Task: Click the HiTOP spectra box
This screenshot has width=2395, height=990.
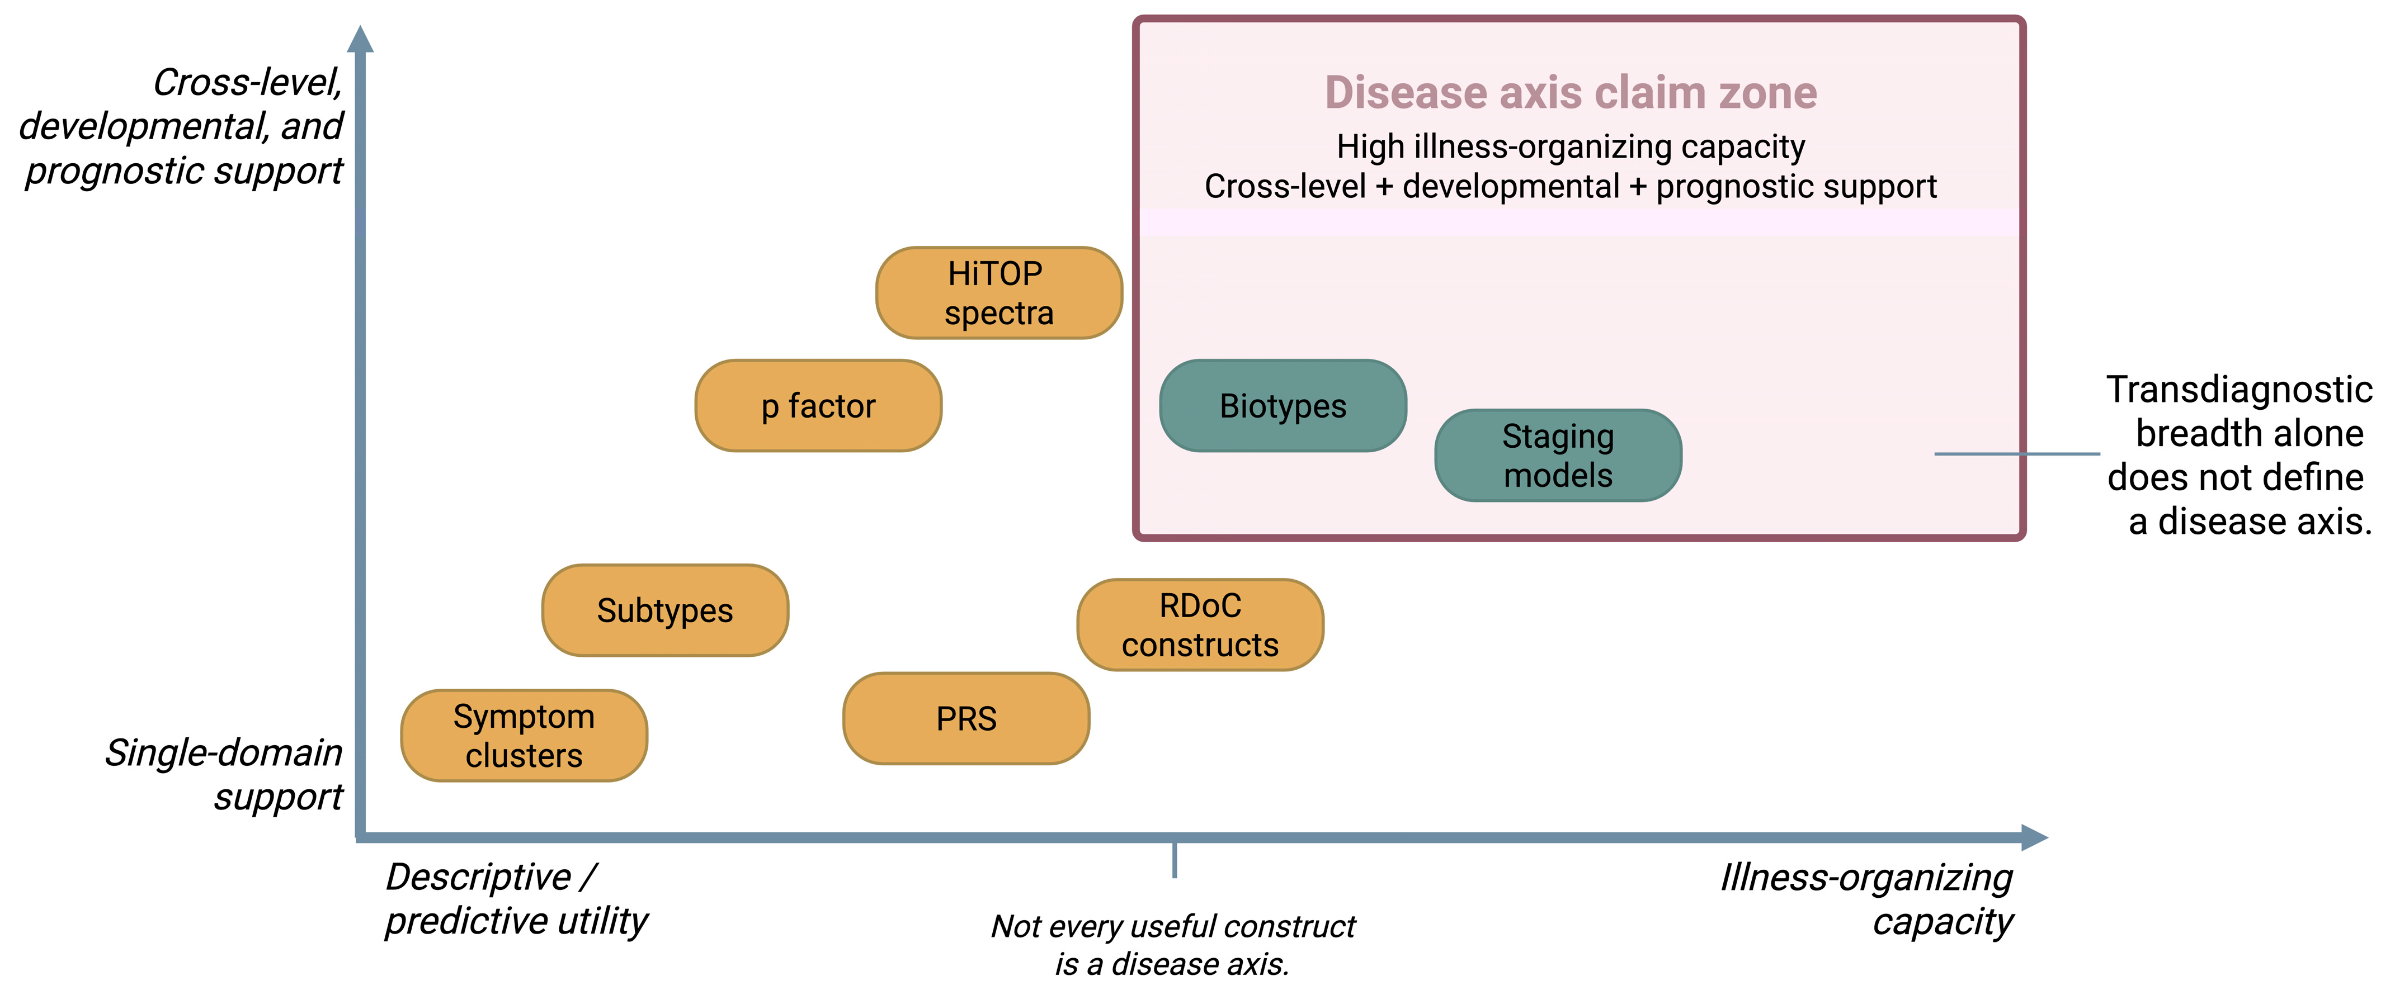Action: (x=1000, y=293)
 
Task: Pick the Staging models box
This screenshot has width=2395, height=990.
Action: (x=1558, y=456)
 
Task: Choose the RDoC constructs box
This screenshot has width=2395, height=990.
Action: (x=1200, y=624)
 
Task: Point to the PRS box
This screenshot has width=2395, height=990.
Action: (x=966, y=718)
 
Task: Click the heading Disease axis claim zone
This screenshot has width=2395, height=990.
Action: (x=1571, y=92)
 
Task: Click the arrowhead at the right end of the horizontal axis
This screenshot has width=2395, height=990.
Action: (x=2034, y=837)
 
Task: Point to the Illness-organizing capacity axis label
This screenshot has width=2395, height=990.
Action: (x=1866, y=899)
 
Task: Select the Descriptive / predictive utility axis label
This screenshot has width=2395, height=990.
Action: (x=517, y=899)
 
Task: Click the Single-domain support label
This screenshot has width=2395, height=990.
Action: (x=223, y=774)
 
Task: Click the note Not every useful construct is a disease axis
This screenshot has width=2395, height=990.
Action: (x=1173, y=945)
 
